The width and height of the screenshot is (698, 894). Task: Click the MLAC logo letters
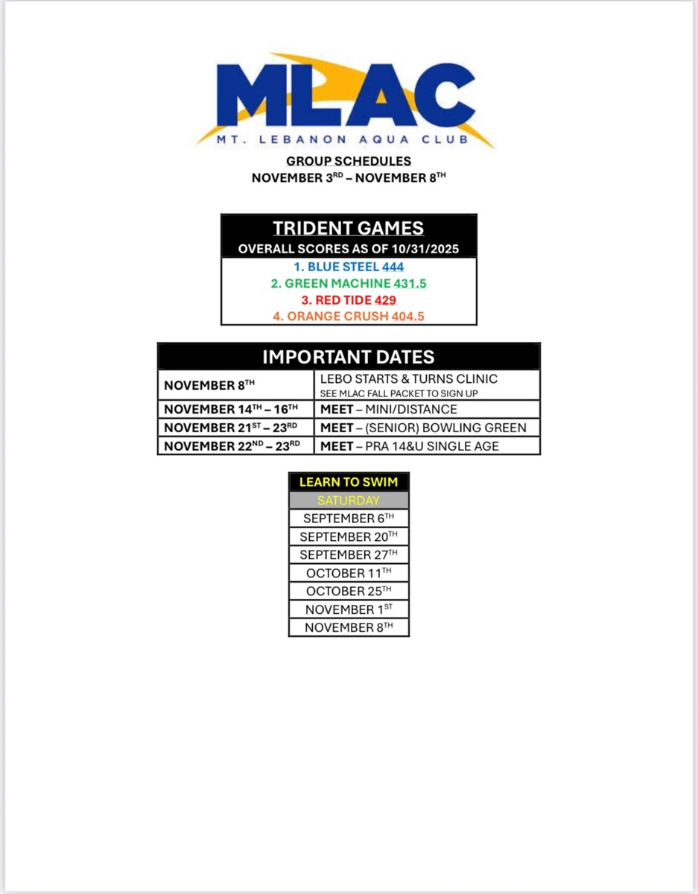[x=346, y=95]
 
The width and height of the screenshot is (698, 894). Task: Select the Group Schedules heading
[x=348, y=161]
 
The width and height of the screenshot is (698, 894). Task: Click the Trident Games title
[x=348, y=229]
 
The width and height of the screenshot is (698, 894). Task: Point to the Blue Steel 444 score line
[x=348, y=267]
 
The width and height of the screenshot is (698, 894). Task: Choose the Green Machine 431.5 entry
[x=348, y=283]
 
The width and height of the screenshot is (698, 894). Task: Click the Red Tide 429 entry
[x=348, y=299]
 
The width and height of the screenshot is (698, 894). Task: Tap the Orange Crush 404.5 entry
[x=348, y=316]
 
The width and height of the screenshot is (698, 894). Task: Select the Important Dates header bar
[x=348, y=356]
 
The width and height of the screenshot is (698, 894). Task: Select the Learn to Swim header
[x=348, y=482]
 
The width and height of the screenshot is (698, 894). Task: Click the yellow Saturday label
[x=348, y=501]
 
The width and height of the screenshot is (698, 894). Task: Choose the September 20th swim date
[x=348, y=536]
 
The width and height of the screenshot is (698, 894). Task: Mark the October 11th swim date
[x=348, y=573]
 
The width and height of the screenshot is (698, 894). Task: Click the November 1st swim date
[x=348, y=609]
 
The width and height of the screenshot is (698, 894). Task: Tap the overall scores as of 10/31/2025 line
[x=348, y=250]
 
